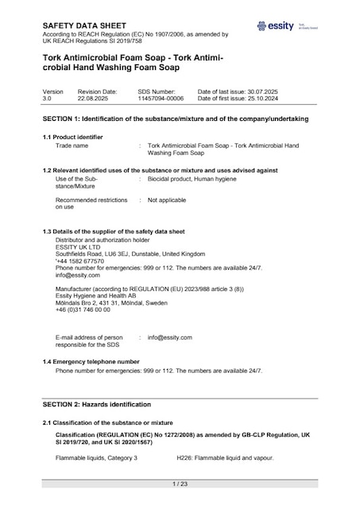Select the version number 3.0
tap(47, 98)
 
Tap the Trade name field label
tap(73, 146)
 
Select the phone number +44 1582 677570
tap(79, 261)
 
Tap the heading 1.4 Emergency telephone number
tap(96, 362)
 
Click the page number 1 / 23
tap(180, 484)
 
